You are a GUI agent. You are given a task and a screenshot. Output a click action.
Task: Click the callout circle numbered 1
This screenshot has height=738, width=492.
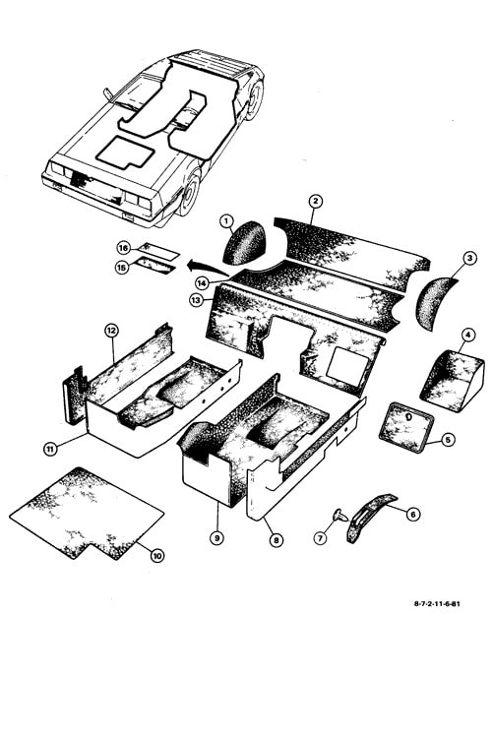tap(227, 220)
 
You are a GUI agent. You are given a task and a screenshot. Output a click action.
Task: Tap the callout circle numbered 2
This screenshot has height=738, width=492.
tap(316, 202)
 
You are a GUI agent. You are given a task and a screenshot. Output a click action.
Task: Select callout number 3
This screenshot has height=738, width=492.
tap(469, 258)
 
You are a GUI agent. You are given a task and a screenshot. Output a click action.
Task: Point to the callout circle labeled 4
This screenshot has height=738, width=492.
tap(468, 336)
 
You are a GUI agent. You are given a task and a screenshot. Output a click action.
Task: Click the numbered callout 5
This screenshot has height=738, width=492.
tap(448, 440)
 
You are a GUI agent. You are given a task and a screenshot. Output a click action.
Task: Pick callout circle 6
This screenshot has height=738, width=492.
tap(413, 515)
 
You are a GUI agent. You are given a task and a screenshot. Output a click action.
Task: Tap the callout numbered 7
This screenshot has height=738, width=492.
tap(321, 538)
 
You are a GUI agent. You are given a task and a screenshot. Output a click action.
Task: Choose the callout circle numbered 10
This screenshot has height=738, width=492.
tap(157, 556)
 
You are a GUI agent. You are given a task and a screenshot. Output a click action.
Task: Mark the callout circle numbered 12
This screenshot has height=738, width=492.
tap(111, 331)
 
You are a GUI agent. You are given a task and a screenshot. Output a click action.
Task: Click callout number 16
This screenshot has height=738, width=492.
tap(123, 248)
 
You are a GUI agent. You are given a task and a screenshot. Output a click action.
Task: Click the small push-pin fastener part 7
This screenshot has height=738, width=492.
tap(339, 516)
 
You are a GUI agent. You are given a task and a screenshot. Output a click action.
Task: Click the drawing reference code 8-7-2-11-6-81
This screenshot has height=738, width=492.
tap(437, 604)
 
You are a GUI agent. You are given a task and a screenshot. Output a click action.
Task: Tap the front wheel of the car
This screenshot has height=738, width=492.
tap(191, 193)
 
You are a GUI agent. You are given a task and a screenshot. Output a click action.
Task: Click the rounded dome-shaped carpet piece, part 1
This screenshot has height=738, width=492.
tap(243, 243)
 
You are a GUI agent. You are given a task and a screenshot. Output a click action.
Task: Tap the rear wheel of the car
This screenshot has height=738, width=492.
tap(255, 100)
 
